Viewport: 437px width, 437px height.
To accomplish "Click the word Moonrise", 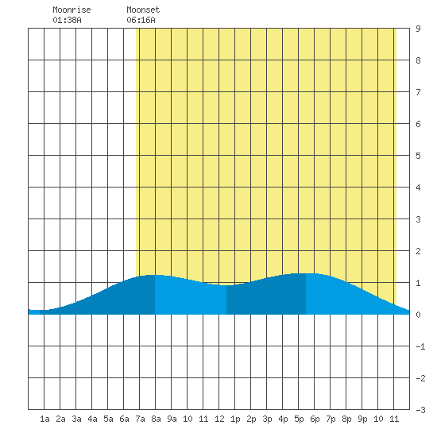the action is coord(72,10).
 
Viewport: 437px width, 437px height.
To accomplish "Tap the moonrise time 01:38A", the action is coord(67,20).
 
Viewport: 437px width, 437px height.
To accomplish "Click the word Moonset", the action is coord(143,10).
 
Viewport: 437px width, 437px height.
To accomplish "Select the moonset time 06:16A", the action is coord(141,20).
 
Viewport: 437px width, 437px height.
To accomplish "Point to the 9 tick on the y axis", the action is coord(418,29).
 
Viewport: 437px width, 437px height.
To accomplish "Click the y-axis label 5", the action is coord(418,156).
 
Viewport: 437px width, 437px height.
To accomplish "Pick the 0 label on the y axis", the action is coord(418,315).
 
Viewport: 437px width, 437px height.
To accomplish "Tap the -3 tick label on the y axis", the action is coord(420,410).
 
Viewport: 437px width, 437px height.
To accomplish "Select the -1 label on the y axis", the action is coord(420,346).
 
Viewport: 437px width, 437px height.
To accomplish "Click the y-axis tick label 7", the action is coord(418,92).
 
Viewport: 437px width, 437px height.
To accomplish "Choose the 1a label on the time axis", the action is coord(44,419).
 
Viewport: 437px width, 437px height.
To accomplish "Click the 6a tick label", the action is coord(124,419).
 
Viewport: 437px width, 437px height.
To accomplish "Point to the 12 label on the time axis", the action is coord(219,419).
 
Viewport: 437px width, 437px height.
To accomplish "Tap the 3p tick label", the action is coord(267,420).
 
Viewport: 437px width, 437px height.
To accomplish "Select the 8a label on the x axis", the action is coord(156,419).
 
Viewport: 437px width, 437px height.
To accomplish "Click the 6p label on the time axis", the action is coord(315,420).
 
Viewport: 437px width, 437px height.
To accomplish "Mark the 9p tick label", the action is coord(362,420).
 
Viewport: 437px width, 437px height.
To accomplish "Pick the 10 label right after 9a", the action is coord(188,419).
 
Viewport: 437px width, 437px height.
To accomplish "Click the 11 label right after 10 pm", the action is coord(394,419).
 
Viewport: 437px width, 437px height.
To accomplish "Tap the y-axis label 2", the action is coord(418,251).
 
